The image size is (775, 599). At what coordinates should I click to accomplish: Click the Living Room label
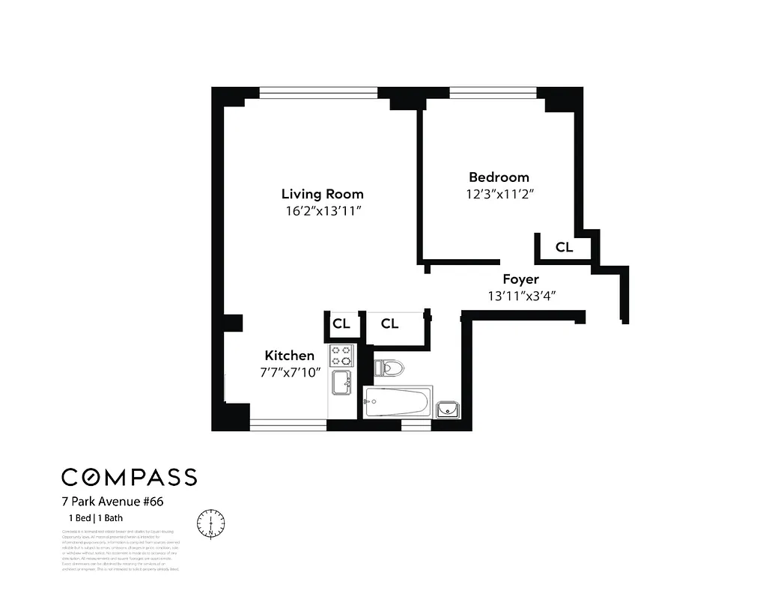pyautogui.click(x=322, y=194)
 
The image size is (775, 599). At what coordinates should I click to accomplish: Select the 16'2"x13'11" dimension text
pyautogui.click(x=322, y=211)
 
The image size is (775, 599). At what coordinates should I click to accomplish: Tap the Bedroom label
pyautogui.click(x=499, y=177)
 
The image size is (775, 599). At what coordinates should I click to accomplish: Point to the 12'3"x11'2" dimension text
pyautogui.click(x=499, y=194)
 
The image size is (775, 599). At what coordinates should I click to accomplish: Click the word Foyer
pyautogui.click(x=520, y=279)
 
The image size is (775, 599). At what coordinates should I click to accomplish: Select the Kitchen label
pyautogui.click(x=289, y=356)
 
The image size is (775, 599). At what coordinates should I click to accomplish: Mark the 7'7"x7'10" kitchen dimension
pyautogui.click(x=289, y=372)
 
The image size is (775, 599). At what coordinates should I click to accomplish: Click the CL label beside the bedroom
pyautogui.click(x=564, y=247)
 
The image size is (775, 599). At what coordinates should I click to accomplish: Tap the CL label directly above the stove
pyautogui.click(x=341, y=324)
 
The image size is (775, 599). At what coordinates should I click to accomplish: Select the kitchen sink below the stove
pyautogui.click(x=342, y=381)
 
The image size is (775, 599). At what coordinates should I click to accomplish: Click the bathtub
pyautogui.click(x=397, y=403)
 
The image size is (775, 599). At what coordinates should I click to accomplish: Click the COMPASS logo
pyautogui.click(x=129, y=477)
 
